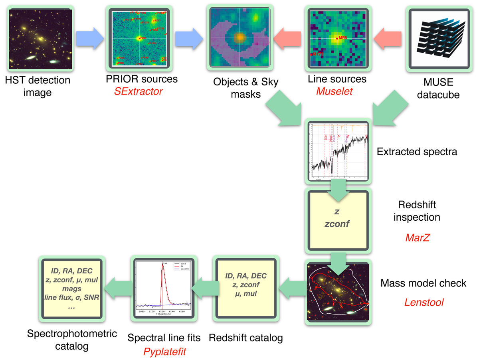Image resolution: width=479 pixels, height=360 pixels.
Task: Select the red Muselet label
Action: coord(335,91)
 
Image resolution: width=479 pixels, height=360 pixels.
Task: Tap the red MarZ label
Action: coord(417,238)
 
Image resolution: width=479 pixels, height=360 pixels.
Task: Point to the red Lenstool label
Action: coord(424,303)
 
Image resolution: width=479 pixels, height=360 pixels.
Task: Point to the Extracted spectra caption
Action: coord(417,152)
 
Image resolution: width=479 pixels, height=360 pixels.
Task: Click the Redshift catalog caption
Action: coord(246,338)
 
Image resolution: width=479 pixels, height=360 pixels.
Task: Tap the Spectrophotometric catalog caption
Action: coord(72,340)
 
